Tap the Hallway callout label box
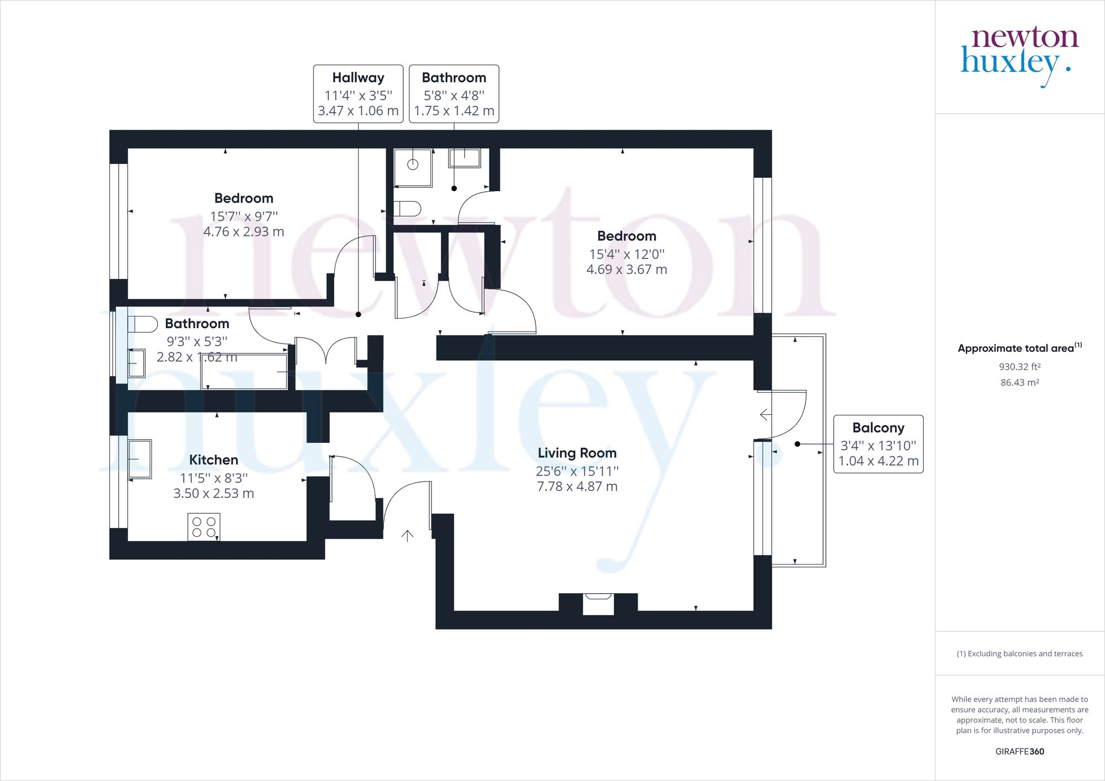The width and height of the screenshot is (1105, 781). pos(358,94)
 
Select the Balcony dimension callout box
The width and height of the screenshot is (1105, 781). pos(878,444)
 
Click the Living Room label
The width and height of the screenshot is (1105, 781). pos(577,453)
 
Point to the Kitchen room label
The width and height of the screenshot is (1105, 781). pos(213,460)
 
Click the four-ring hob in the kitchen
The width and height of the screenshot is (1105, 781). pos(204,526)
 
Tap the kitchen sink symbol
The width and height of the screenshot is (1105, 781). pos(140,458)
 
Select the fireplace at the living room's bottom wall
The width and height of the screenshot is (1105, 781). pos(598,604)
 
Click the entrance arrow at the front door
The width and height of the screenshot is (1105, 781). pos(407,536)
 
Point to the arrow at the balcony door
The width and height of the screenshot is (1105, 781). pos(766,414)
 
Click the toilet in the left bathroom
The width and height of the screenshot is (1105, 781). pos(143,324)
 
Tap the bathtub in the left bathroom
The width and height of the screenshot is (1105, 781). pos(244,371)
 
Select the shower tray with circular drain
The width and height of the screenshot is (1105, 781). pos(413,168)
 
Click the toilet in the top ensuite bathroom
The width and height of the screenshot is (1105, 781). pos(407,209)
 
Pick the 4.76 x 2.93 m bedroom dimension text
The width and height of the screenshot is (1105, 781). pos(244,231)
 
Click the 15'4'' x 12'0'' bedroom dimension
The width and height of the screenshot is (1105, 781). pos(627,254)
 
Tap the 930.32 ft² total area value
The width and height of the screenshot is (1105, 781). pos(1019,366)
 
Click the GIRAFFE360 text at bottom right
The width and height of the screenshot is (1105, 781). pos(1019,751)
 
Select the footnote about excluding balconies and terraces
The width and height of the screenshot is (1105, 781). pos(1019,653)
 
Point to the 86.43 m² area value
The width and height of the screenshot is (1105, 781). pos(1019,382)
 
